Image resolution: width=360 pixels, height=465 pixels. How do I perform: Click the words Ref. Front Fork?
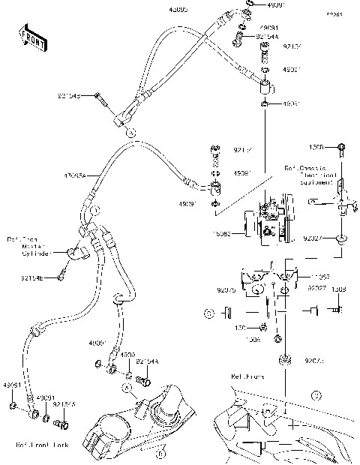coord(43,445)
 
